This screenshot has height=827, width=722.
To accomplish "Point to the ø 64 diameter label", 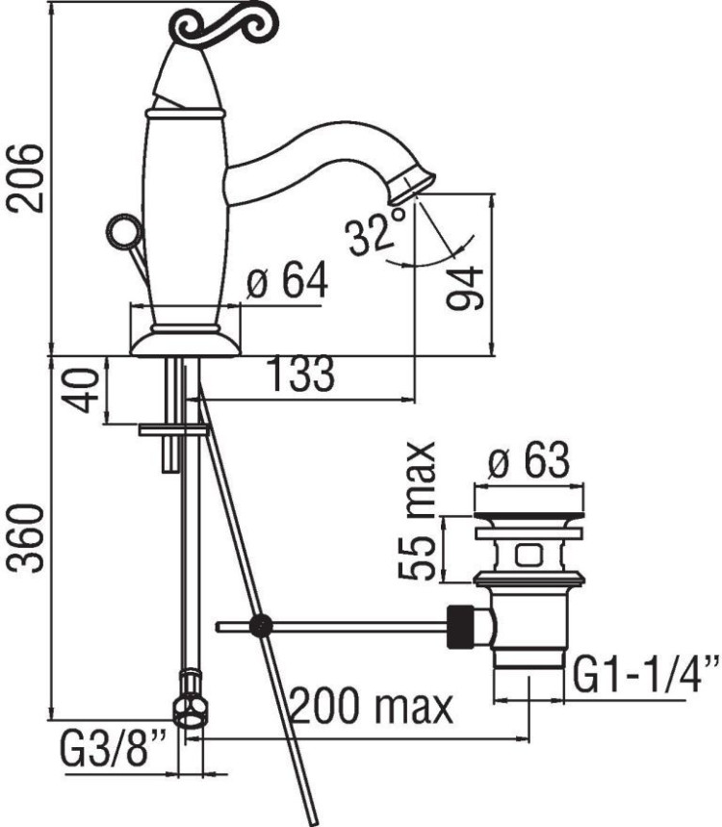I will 287,282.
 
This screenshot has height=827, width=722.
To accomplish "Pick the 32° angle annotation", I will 376,234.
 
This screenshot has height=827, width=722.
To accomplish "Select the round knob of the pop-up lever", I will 120,233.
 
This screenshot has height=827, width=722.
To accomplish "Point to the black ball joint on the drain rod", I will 258,627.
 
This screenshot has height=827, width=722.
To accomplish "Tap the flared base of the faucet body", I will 185,342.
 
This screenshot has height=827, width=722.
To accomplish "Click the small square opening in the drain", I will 527,555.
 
